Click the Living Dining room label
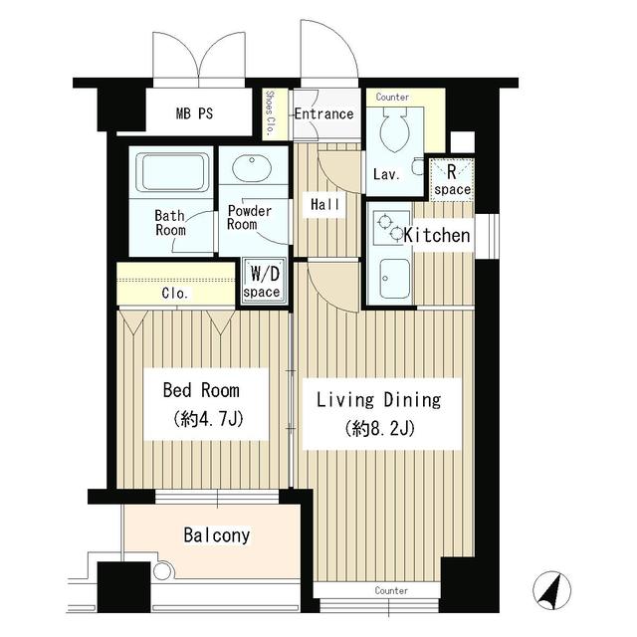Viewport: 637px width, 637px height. (377, 400)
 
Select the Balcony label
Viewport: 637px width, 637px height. (216, 535)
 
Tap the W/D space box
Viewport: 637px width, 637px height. (264, 279)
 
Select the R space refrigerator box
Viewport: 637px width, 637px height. (451, 179)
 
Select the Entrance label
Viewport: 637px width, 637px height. (323, 113)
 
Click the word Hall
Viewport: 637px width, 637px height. (324, 204)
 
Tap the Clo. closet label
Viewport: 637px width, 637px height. (175, 294)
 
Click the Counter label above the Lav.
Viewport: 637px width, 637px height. (393, 98)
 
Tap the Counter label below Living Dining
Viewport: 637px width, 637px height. (392, 590)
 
